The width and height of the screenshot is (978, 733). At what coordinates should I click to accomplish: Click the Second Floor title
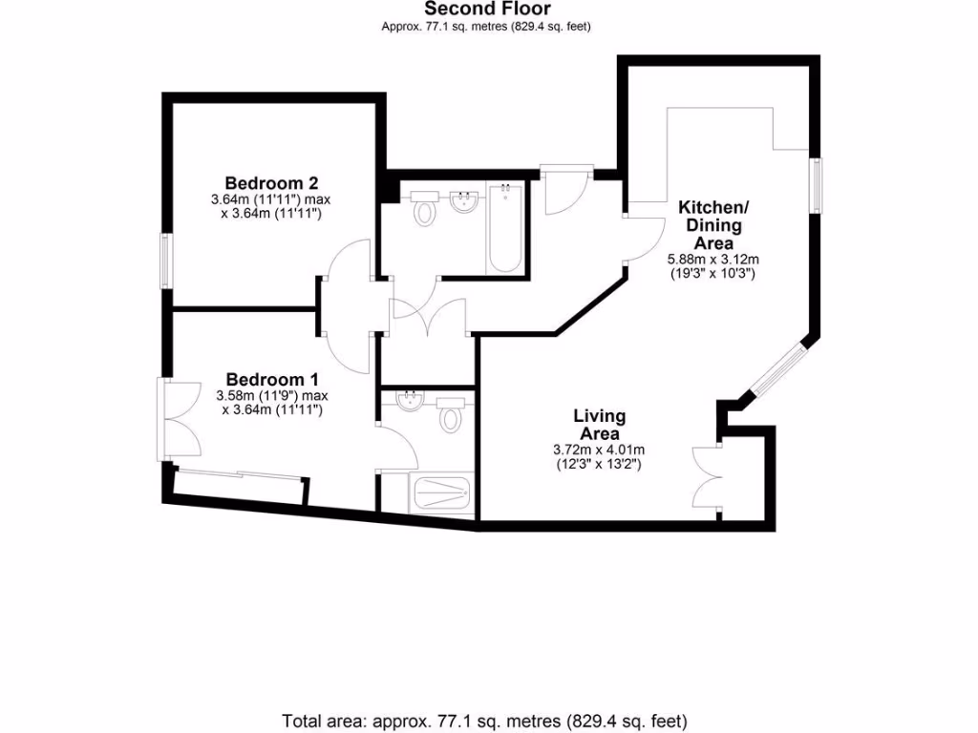pyautogui.click(x=487, y=10)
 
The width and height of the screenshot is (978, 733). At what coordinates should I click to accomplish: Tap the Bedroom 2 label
pyautogui.click(x=265, y=182)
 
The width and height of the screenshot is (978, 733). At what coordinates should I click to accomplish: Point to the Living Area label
pyautogui.click(x=599, y=425)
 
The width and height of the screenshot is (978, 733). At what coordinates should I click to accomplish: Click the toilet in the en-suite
pyautogui.click(x=451, y=418)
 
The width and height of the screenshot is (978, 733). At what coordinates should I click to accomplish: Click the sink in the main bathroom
pyautogui.click(x=464, y=202)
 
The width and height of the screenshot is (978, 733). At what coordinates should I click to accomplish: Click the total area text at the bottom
pyautogui.click(x=484, y=720)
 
